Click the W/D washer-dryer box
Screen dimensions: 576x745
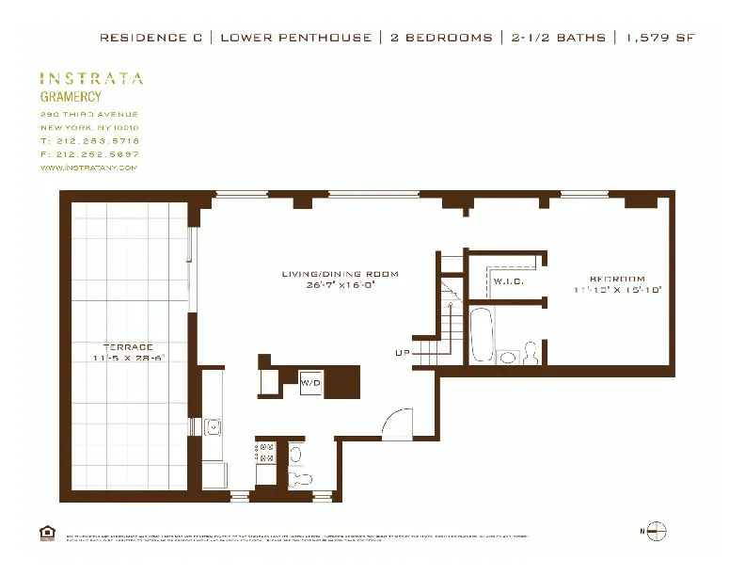coord(310,383)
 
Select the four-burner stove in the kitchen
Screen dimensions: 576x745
coord(266,452)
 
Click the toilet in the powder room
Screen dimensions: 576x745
coord(299,477)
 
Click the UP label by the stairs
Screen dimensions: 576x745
coord(402,353)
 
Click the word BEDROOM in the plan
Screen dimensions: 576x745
coord(617,279)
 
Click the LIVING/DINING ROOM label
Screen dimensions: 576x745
coord(340,274)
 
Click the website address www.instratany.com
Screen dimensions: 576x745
coord(89,168)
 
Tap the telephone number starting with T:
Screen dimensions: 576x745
coord(89,140)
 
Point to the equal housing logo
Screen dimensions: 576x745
coord(47,534)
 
